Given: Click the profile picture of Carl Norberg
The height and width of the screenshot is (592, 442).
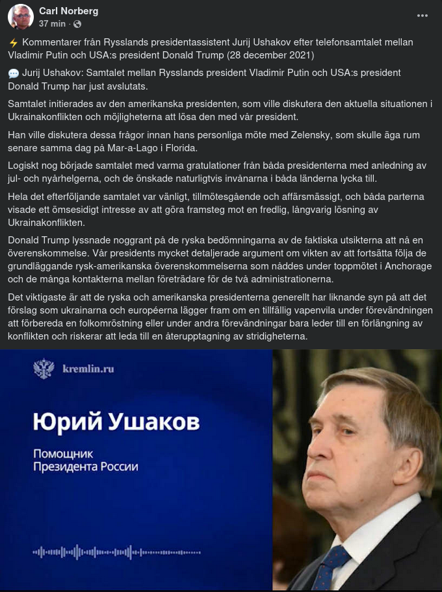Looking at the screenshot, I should [20, 17].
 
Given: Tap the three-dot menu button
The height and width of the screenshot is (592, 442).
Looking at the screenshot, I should [422, 16].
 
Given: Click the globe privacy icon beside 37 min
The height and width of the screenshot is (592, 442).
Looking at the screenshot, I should [77, 24].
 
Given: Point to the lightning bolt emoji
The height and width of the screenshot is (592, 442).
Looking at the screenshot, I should [13, 42].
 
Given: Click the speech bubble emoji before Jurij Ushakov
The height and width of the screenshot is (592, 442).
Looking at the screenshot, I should [14, 73].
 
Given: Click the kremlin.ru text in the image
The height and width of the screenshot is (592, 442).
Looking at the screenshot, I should [88, 369].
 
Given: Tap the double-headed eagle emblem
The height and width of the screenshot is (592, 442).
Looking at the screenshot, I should [44, 369].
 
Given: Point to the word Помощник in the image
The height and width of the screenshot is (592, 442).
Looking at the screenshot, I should [64, 453].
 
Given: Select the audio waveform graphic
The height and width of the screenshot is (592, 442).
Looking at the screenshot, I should [117, 552].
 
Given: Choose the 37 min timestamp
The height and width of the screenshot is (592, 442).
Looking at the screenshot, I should [52, 24].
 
